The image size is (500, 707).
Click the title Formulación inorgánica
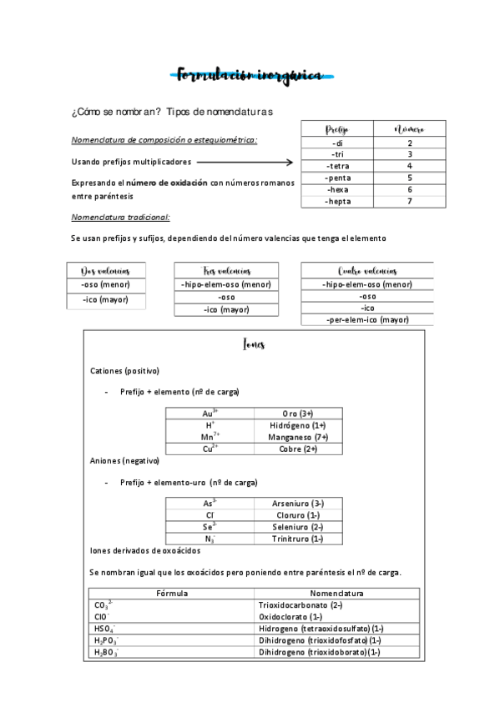[x=250, y=75]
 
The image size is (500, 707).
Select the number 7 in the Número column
[x=409, y=202]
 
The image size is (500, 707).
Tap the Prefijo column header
[x=337, y=129]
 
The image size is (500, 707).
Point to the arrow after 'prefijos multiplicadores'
[x=245, y=163]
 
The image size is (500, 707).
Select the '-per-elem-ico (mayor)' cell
[x=366, y=319]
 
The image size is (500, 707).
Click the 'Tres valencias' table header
[x=226, y=271]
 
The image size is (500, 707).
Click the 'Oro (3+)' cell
[x=297, y=413]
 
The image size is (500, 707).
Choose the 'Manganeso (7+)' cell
[x=297, y=437]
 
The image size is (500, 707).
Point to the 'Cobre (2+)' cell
[x=297, y=449]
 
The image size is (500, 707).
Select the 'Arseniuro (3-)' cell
[x=297, y=504]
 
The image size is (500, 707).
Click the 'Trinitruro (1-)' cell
[x=297, y=539]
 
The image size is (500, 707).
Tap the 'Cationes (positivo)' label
[x=124, y=370]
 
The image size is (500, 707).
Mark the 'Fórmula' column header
[x=172, y=593]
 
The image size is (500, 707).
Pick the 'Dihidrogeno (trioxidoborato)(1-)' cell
[x=320, y=652]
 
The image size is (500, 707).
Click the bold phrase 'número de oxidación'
[x=166, y=183]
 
